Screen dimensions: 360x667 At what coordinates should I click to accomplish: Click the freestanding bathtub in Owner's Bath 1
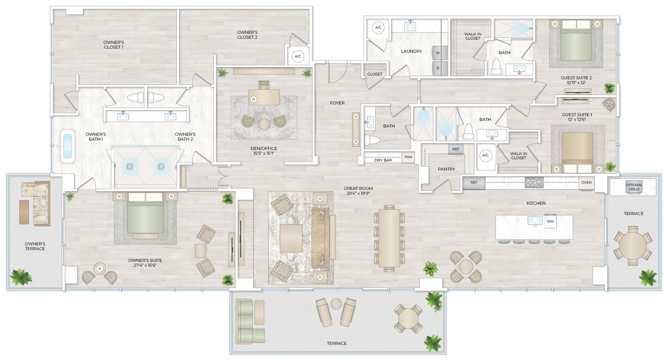(x=68, y=146)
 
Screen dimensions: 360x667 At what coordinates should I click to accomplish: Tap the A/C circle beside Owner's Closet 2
(x=298, y=56)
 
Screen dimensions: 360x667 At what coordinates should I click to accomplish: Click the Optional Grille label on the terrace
(x=634, y=187)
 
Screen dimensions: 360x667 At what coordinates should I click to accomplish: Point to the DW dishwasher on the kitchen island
(x=551, y=222)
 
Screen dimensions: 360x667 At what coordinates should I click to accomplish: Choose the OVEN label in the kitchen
(x=586, y=183)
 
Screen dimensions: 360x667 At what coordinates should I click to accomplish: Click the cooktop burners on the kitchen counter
(x=534, y=182)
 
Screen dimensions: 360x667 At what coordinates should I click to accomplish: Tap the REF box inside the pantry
(x=456, y=149)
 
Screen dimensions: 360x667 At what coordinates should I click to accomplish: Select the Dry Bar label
(x=383, y=160)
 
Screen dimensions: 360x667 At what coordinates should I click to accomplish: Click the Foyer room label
(x=337, y=103)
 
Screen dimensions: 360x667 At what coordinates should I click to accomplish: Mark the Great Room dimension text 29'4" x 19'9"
(x=358, y=193)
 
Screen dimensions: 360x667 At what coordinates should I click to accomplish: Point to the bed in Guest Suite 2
(x=576, y=41)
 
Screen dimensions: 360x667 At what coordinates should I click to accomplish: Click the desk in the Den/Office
(x=264, y=97)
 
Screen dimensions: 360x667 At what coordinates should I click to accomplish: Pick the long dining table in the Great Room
(x=389, y=238)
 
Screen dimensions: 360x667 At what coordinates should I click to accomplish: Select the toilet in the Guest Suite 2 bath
(x=496, y=67)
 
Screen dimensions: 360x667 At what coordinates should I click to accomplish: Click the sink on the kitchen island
(x=535, y=220)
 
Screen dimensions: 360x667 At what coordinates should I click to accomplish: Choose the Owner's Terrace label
(x=35, y=246)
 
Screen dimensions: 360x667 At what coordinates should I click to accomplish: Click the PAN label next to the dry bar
(x=408, y=157)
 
